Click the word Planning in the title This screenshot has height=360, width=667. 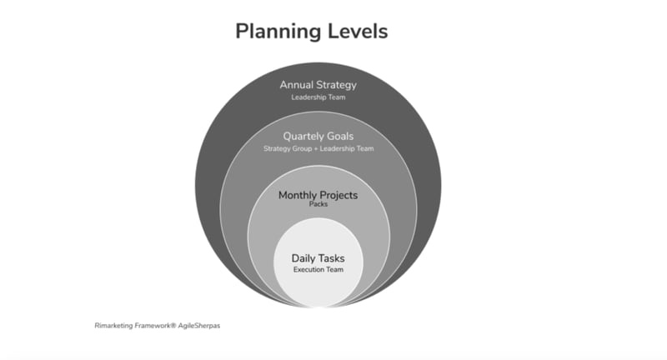(x=278, y=32)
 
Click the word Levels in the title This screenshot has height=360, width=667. (x=358, y=31)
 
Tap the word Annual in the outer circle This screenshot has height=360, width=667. (x=296, y=84)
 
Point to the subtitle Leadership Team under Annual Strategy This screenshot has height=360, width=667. (x=318, y=97)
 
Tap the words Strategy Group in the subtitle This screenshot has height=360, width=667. (x=288, y=149)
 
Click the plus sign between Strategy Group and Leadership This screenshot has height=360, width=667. (x=316, y=149)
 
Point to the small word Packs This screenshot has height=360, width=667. (x=318, y=204)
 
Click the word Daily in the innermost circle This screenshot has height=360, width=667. (x=303, y=258)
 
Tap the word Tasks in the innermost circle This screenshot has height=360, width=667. (x=331, y=258)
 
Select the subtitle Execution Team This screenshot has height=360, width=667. (x=318, y=269)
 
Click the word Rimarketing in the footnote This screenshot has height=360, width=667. (x=114, y=326)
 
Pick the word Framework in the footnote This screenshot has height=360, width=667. (x=153, y=326)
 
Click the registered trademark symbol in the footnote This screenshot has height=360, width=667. (x=173, y=325)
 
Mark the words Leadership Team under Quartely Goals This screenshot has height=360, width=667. (x=347, y=149)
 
